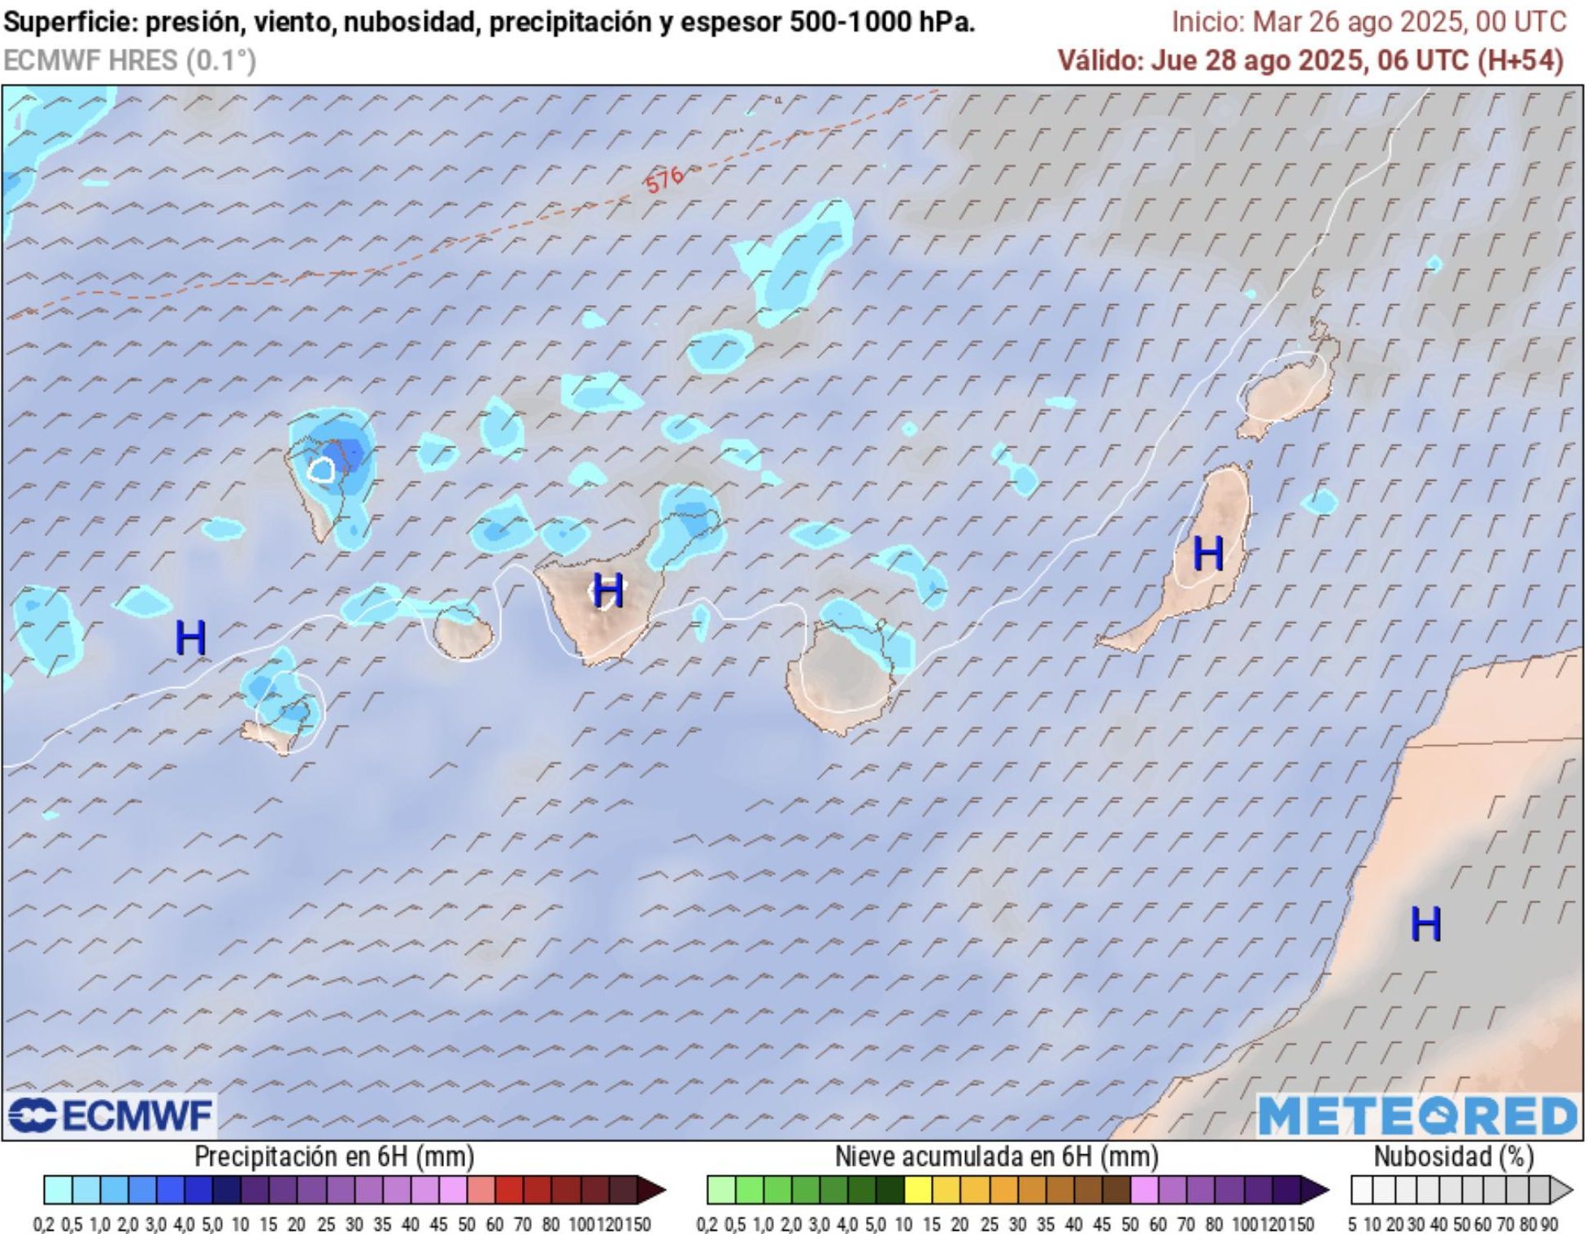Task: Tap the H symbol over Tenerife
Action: tap(608, 590)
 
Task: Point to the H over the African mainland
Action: tap(1425, 923)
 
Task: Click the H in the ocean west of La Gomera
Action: tap(191, 638)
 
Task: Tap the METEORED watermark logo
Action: tap(1416, 1115)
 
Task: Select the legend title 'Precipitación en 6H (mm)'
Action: tap(334, 1156)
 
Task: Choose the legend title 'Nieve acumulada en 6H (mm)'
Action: tap(996, 1156)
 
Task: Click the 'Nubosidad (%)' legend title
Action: tap(1454, 1156)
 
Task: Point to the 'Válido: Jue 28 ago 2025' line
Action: tap(1310, 60)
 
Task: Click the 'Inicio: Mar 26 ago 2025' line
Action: tap(1368, 22)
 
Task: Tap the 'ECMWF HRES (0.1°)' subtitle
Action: tap(129, 61)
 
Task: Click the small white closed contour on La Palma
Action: tap(322, 469)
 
